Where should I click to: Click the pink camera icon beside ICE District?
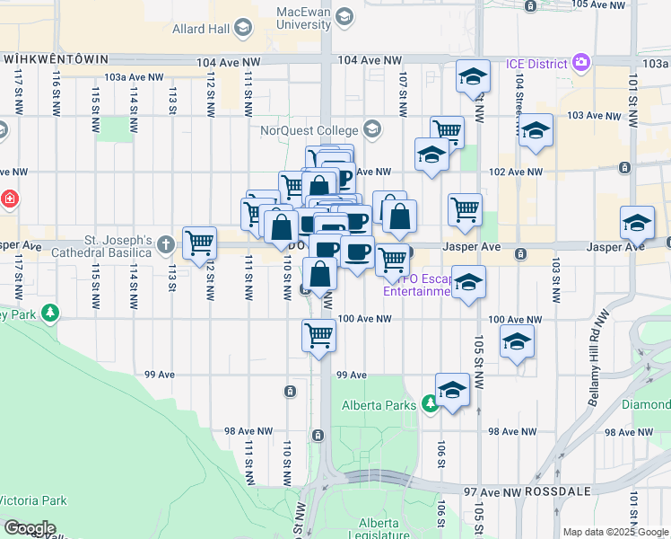tap(581, 63)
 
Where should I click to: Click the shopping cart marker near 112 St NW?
tap(199, 242)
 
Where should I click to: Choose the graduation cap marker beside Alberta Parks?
tap(453, 389)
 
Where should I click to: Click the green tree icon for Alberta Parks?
tap(431, 405)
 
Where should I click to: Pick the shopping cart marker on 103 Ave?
tap(447, 131)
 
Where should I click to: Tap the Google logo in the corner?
tap(29, 528)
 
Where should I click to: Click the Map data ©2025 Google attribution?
tap(614, 533)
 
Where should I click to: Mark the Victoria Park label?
tap(33, 500)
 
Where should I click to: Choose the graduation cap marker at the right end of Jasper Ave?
tap(637, 221)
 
